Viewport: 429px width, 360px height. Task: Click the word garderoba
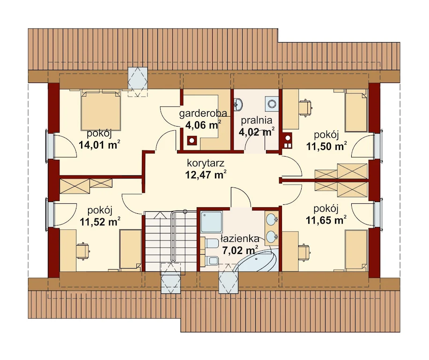point(203,113)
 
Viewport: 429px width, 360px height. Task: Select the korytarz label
point(206,163)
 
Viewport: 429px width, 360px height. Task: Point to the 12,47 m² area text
point(206,174)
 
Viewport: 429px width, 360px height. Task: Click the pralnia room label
point(257,120)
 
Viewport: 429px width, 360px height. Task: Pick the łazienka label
point(240,239)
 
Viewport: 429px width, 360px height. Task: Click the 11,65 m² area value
point(326,220)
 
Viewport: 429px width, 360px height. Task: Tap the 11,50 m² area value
point(326,146)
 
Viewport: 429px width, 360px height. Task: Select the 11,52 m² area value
point(100,222)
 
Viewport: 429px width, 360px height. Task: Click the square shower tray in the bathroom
point(212,222)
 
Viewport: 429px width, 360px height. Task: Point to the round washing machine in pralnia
point(272,104)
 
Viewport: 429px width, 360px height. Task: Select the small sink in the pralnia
point(238,105)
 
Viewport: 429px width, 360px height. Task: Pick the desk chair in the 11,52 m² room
point(83,250)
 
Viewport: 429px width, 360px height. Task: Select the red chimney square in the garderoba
point(192,141)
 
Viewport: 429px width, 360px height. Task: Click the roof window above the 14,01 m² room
point(138,82)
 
